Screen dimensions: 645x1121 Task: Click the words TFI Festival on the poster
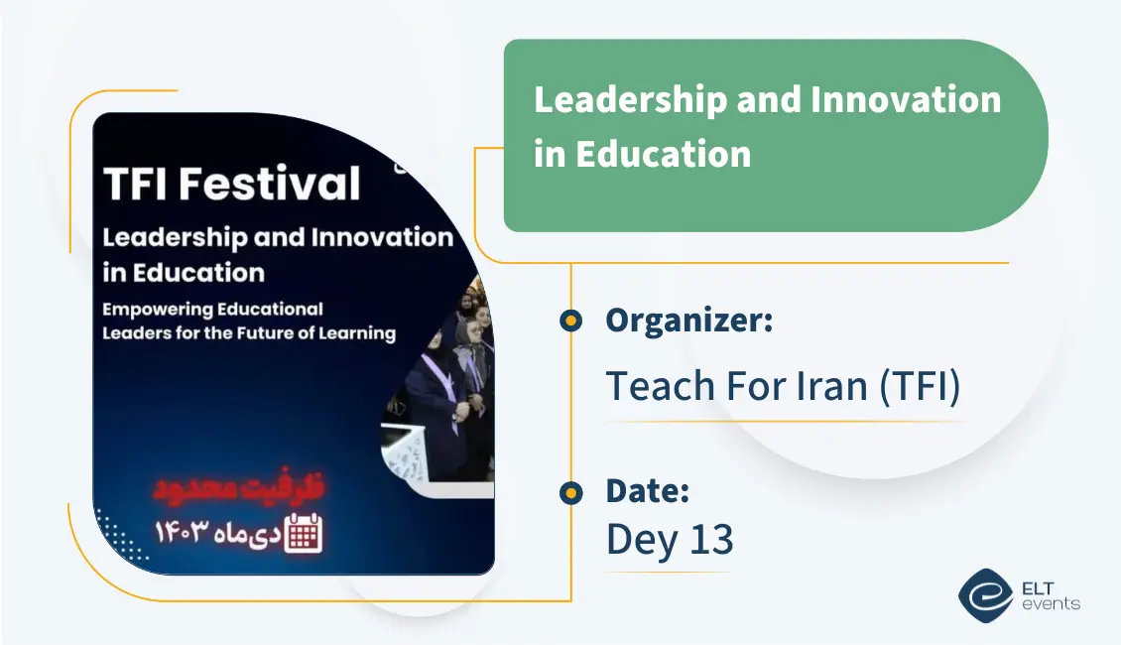pos(231,185)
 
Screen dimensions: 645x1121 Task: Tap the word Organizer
pos(688,321)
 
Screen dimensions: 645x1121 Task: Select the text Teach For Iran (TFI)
pos(783,386)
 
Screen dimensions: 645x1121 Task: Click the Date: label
pos(647,491)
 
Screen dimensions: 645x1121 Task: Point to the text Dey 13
pos(670,539)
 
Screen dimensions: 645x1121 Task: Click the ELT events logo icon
pos(985,593)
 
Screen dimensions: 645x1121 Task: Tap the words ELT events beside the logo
pos(1050,595)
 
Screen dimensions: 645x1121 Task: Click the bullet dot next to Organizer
pos(570,321)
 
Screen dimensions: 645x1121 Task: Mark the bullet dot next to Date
pos(570,492)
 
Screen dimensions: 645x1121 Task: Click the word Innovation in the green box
pos(905,99)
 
